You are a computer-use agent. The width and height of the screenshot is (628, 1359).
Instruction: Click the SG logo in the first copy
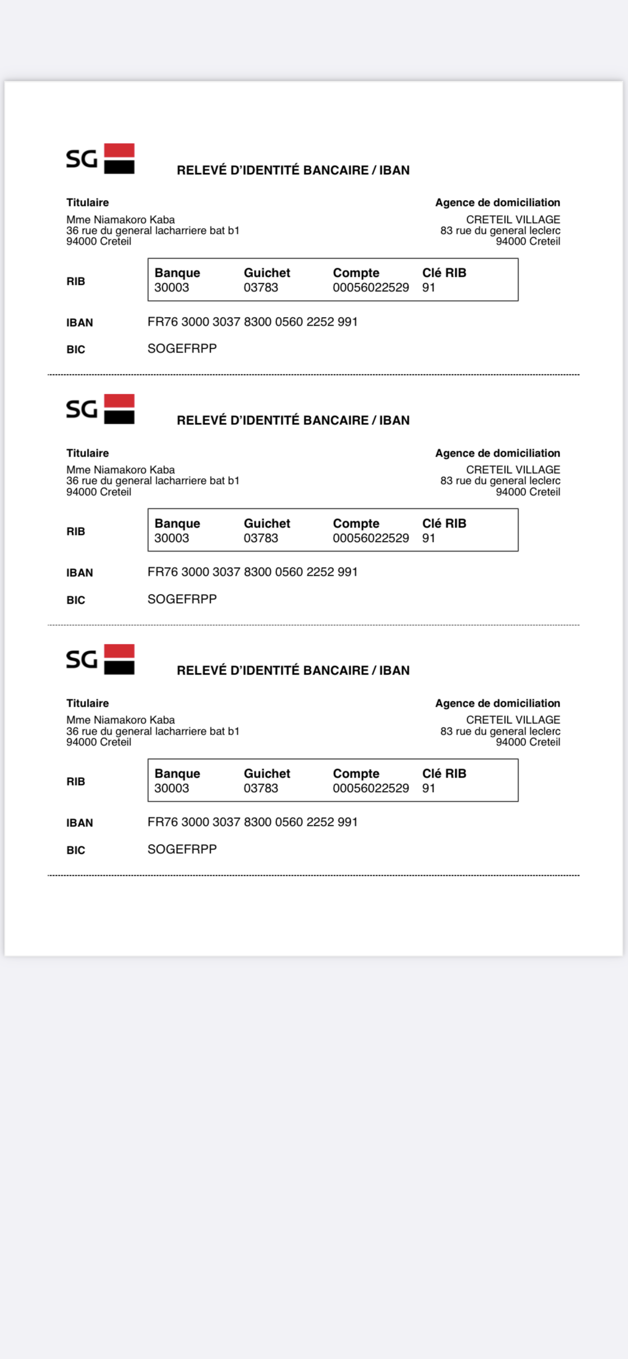point(100,158)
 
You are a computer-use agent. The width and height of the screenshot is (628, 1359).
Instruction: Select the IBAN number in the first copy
point(252,322)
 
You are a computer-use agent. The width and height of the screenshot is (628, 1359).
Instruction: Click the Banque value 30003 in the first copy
point(171,288)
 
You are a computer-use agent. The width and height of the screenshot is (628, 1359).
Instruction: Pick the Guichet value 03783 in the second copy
point(261,538)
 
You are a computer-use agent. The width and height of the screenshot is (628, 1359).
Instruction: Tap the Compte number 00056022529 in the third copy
point(371,788)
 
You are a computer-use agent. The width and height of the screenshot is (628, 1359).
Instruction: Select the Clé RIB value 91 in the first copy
point(429,288)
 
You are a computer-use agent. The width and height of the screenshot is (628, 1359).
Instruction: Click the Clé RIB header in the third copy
point(444,773)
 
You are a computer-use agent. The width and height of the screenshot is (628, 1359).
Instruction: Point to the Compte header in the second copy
point(356,523)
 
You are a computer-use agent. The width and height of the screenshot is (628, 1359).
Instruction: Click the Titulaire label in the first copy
point(88,203)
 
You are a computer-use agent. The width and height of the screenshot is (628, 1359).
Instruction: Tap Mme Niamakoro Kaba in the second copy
point(120,469)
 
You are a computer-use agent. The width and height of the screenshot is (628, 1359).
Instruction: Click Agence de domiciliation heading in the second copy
point(497,453)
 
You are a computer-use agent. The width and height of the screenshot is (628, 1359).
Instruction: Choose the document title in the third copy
point(293,670)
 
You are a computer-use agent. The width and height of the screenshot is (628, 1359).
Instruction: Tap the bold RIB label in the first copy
point(75,281)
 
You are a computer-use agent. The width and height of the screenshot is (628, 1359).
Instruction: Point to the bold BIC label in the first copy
point(75,349)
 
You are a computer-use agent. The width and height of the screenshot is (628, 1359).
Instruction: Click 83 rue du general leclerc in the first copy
point(500,230)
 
